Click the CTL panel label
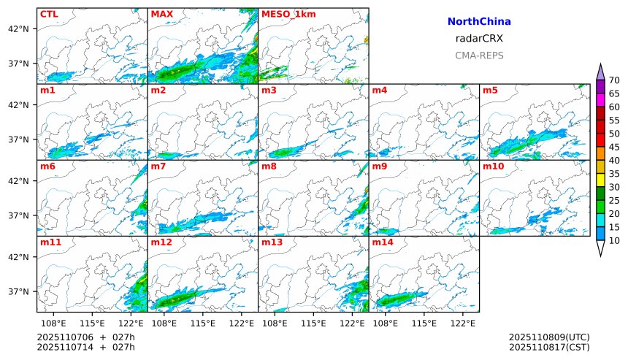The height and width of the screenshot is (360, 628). (x=48, y=14)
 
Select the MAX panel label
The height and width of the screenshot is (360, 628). (x=161, y=14)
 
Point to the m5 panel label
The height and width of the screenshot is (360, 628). (x=490, y=91)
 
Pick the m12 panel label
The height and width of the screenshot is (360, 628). (x=161, y=242)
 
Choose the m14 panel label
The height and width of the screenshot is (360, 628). (x=383, y=242)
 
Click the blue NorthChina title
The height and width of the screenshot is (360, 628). (x=479, y=22)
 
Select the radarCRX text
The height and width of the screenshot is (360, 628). (x=479, y=39)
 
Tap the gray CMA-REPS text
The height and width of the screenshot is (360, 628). (x=479, y=55)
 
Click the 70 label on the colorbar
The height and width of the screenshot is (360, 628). (x=614, y=80)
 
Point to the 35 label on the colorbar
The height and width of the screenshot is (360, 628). (x=614, y=174)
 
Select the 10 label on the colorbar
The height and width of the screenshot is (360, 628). (x=614, y=240)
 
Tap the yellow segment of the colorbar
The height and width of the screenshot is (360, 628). (x=600, y=179)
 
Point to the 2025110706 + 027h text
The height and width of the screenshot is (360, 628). (x=86, y=337)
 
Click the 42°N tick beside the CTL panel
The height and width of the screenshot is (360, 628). (x=18, y=28)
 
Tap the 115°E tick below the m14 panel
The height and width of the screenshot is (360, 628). (x=424, y=323)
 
